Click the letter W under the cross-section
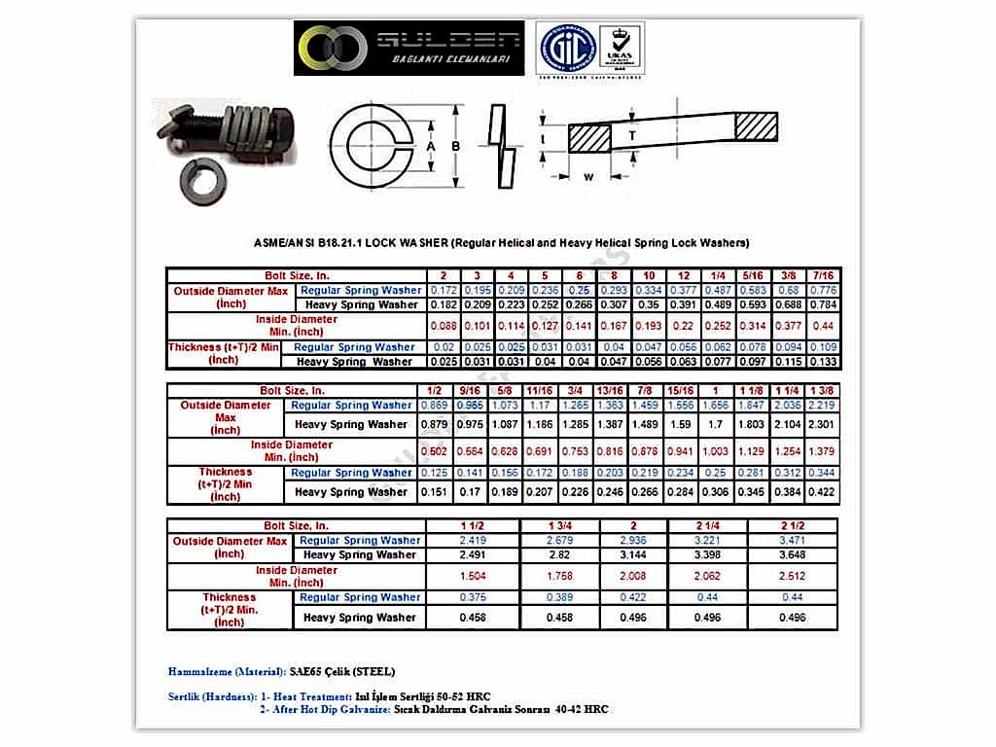pyautogui.click(x=588, y=177)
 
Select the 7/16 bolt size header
pyautogui.click(x=822, y=275)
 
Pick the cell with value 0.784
pyautogui.click(x=822, y=304)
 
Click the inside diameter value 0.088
pyautogui.click(x=445, y=326)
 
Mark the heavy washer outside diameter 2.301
pyautogui.click(x=820, y=425)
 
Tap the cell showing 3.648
pyautogui.click(x=793, y=554)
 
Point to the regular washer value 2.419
pyautogui.click(x=473, y=540)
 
